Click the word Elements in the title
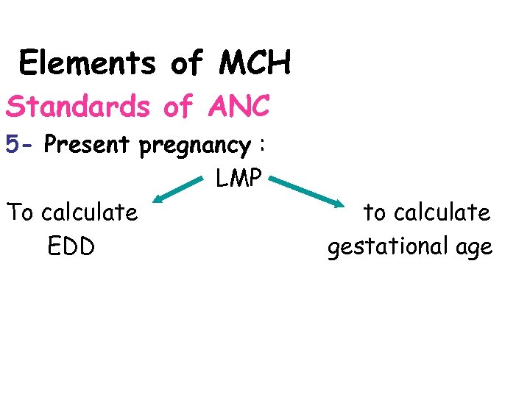coord(87,63)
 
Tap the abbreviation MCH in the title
coord(255,63)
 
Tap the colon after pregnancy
coord(261,146)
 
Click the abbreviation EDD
coord(71,246)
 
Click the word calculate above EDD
coord(90,212)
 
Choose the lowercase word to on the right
coord(375,212)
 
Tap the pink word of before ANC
coord(177,107)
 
